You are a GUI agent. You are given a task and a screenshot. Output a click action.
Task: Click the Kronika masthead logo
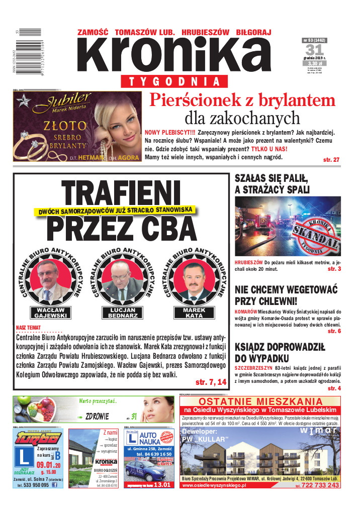point(173,55)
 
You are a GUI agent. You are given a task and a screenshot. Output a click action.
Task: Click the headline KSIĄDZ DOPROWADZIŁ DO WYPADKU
point(280,352)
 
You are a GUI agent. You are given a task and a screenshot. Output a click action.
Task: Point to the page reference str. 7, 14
point(211,383)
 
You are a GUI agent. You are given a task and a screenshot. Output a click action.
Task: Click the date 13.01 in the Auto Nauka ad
point(163,485)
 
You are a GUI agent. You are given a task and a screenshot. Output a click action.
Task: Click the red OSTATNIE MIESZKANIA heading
point(260,401)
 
